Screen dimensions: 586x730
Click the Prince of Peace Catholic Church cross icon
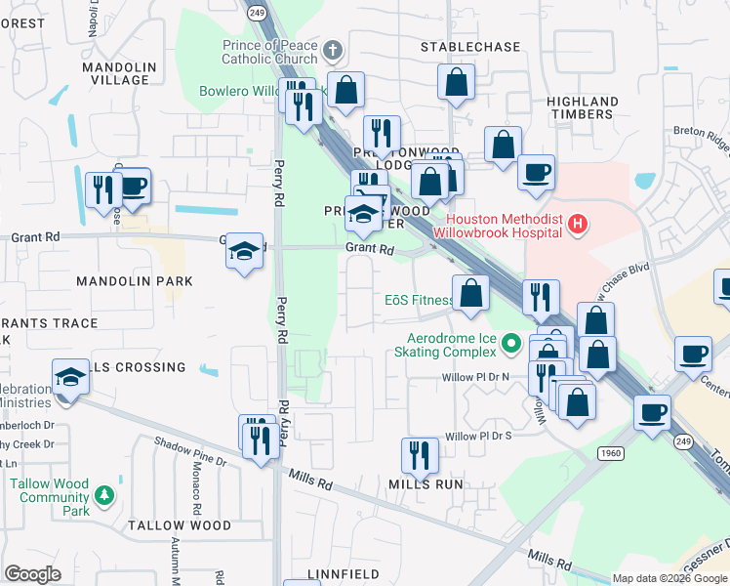[x=332, y=50]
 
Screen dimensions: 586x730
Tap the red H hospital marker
[x=579, y=225]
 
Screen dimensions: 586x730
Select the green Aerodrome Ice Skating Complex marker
[x=509, y=343]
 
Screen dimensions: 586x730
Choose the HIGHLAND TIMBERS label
[x=583, y=107]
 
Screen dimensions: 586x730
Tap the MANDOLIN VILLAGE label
[x=120, y=73]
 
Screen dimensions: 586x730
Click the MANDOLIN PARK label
[x=135, y=280]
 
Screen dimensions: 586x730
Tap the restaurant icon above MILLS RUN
[x=420, y=454]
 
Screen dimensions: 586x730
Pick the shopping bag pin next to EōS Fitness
[x=470, y=294]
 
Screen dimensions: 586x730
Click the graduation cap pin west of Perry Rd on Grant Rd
[x=244, y=252]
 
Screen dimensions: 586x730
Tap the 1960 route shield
[x=609, y=455]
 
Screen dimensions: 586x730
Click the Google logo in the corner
[x=32, y=574]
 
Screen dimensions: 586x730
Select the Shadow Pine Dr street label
[x=191, y=449]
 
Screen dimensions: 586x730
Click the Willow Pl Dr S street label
[x=478, y=436]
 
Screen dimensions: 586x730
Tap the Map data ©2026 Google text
[x=669, y=578]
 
